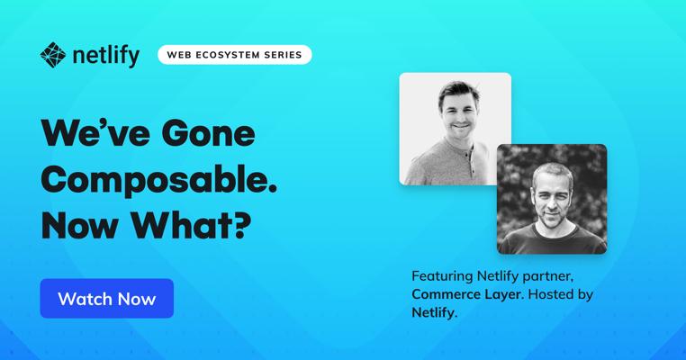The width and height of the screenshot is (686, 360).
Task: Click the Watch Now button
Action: click(x=107, y=298)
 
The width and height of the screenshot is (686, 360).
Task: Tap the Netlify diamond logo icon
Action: click(x=53, y=55)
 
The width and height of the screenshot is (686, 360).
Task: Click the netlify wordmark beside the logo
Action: click(x=106, y=56)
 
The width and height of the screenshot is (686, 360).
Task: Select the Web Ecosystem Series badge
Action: click(x=234, y=55)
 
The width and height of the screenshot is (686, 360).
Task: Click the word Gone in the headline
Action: click(x=208, y=133)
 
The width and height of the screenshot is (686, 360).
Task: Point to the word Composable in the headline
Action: click(x=158, y=181)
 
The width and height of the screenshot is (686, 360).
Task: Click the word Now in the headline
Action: click(x=80, y=226)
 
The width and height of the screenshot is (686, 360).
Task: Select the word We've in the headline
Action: click(x=95, y=133)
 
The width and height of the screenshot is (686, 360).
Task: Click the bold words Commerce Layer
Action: click(x=467, y=294)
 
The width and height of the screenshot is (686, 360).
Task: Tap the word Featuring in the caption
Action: click(x=442, y=276)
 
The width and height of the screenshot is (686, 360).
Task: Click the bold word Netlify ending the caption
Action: click(x=435, y=312)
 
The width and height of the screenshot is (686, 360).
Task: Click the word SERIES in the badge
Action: click(x=283, y=55)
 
